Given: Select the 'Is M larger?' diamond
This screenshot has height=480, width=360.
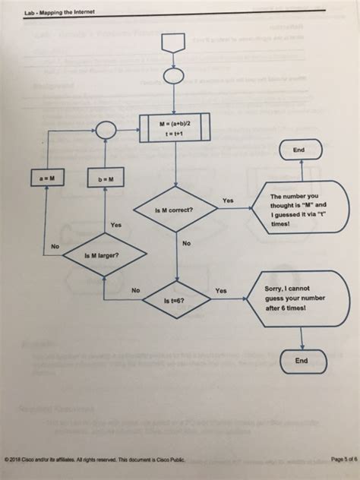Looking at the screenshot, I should [101, 256].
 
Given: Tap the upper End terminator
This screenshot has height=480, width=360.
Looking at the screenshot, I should [299, 150].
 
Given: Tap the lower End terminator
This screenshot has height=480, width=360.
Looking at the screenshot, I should [301, 361].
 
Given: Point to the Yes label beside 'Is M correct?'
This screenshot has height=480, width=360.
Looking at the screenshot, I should [228, 201].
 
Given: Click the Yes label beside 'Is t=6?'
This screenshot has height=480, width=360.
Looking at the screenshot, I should [221, 290].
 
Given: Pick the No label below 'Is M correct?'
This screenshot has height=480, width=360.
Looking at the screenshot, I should [187, 244].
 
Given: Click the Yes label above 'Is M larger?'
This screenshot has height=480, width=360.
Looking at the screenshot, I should [115, 225].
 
